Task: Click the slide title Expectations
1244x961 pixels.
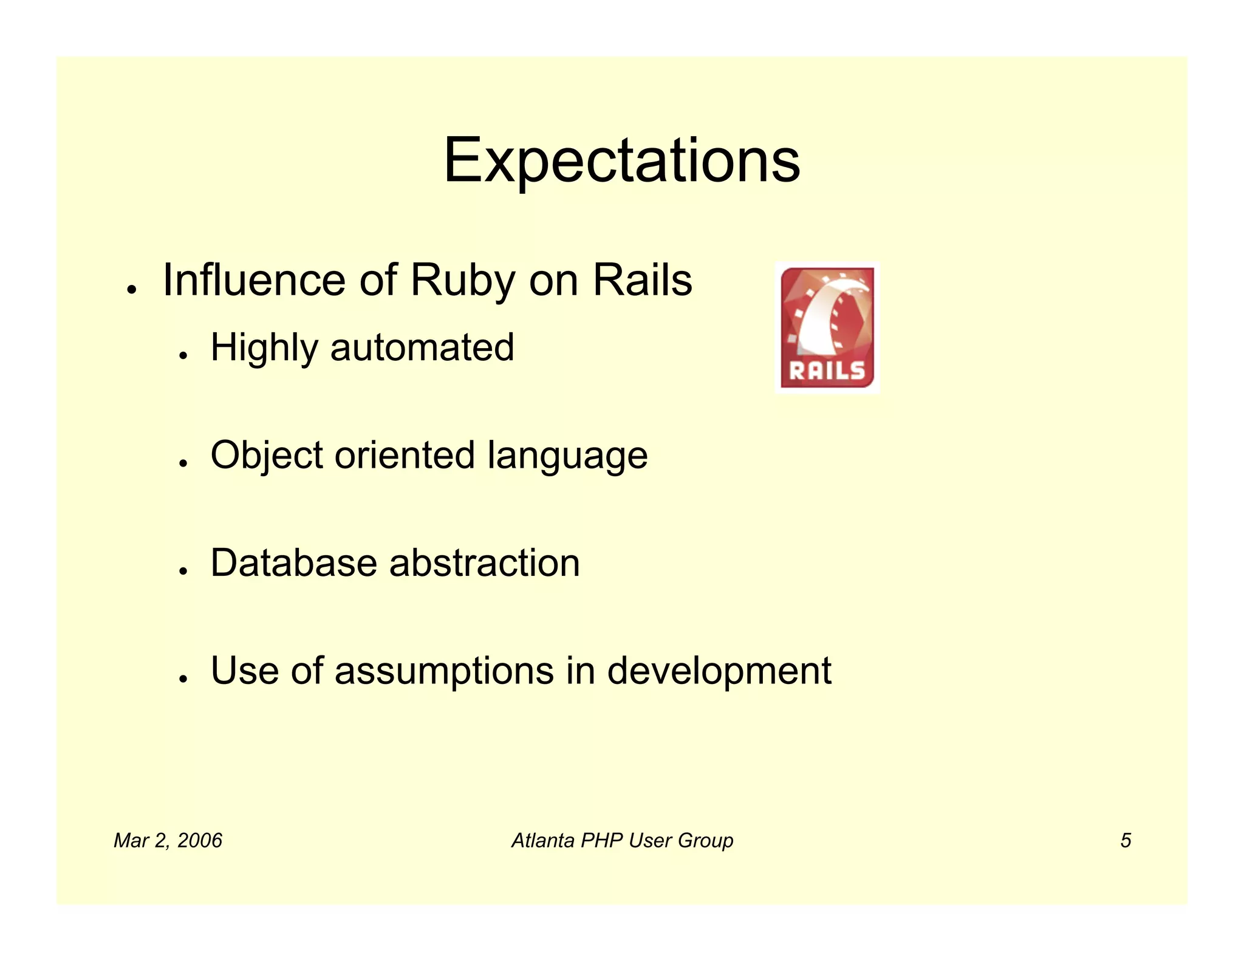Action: [621, 160]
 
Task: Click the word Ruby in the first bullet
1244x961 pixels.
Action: [463, 281]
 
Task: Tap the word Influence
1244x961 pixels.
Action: [255, 281]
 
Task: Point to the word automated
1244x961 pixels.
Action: [422, 348]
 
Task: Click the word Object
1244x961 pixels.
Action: [267, 456]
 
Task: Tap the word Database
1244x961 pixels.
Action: [293, 563]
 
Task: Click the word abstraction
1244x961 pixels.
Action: [485, 563]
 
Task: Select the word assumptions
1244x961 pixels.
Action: [444, 671]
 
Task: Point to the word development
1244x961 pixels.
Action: [719, 671]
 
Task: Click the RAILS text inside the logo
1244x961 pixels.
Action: [827, 370]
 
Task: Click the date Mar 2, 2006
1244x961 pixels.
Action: [168, 841]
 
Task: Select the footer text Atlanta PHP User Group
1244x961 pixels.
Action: [622, 841]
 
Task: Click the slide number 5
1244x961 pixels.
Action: [1126, 841]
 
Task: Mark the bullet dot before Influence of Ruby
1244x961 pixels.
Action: [130, 290]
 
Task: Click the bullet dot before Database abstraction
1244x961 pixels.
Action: [182, 571]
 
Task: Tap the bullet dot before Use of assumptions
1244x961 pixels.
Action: [182, 679]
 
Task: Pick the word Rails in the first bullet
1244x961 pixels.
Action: [642, 281]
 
